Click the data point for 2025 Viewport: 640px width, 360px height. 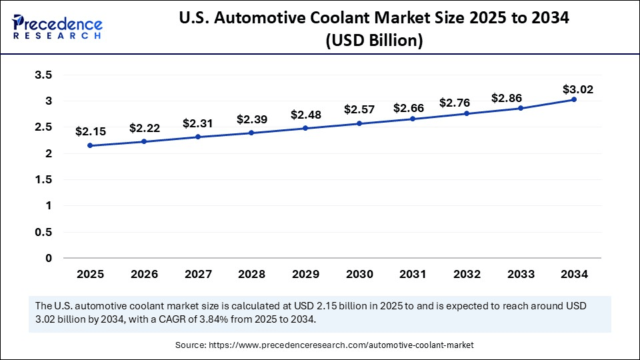[90, 145]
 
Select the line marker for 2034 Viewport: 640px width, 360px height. [573, 99]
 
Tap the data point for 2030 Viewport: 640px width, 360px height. [359, 123]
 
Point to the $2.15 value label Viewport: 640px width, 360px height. [90, 131]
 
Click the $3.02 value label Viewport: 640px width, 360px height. [577, 89]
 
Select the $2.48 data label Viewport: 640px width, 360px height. [305, 114]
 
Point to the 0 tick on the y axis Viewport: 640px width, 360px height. [49, 258]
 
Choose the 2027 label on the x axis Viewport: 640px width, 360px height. [197, 274]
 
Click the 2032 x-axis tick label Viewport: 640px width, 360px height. [466, 274]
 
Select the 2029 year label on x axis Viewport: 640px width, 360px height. [305, 274]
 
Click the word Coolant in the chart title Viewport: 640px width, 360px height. [348, 19]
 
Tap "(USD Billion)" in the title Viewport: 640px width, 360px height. [373, 41]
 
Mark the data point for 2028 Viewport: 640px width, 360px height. [251, 133]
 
